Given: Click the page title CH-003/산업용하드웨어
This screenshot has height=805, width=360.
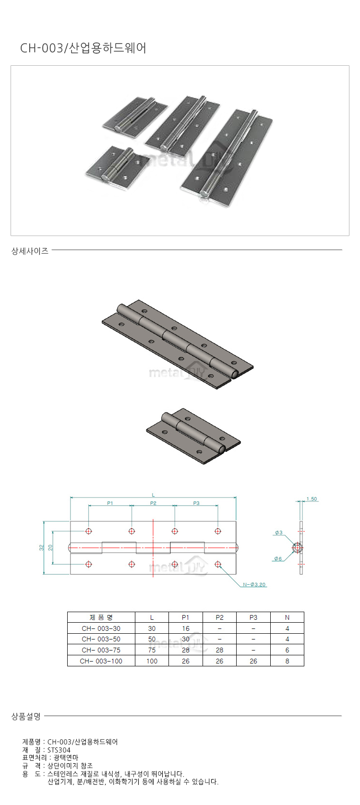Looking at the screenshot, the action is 83,48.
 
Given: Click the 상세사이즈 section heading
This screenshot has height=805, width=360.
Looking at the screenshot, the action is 30,251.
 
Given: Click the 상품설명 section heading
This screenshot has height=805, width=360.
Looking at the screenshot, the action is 26,716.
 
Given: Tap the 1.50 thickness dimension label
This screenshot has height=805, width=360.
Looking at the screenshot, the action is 312,499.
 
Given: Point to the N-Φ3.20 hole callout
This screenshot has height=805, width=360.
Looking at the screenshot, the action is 254,584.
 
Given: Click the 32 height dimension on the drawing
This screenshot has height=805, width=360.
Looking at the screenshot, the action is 41,548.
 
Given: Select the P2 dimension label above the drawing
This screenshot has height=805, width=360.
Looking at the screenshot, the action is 153,503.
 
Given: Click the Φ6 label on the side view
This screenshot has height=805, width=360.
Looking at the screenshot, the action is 278,558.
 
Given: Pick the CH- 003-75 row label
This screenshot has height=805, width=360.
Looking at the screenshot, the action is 101,650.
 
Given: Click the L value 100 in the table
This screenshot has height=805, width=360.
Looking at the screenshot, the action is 152,661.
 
